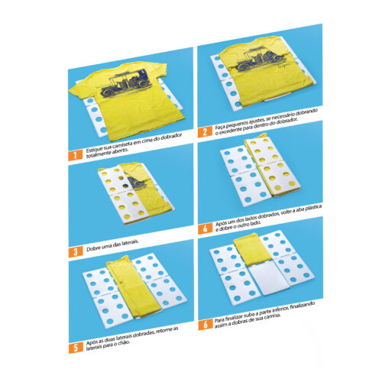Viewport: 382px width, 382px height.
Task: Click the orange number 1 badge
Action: pyautogui.click(x=76, y=155)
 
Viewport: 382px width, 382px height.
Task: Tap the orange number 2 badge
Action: pyautogui.click(x=205, y=132)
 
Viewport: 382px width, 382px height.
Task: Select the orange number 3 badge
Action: pyautogui.click(x=76, y=251)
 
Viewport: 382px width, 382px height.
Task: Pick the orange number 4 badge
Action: pyautogui.click(x=206, y=228)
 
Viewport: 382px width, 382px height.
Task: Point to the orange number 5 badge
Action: pyautogui.click(x=76, y=348)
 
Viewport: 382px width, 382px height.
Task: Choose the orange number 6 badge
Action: pyautogui.click(x=206, y=325)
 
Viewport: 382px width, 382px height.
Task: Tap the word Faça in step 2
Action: pyautogui.click(x=220, y=127)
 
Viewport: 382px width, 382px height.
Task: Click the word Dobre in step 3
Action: pyautogui.click(x=93, y=248)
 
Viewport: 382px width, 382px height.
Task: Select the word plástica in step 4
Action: pyautogui.click(x=313, y=208)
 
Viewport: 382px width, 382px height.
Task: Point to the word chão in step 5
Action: pyautogui.click(x=125, y=342)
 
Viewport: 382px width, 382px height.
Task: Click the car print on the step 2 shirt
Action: pyautogui.click(x=261, y=58)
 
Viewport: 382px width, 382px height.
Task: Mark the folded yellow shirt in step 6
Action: pyautogui.click(x=251, y=249)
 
